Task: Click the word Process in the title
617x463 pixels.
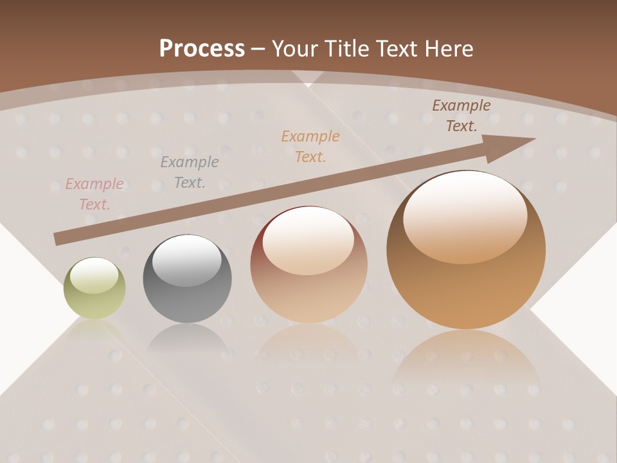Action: click(202, 48)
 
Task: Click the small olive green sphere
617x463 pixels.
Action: click(94, 288)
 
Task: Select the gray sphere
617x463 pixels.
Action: click(187, 279)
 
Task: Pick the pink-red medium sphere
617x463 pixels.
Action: click(309, 264)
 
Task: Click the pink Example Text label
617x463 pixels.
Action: click(94, 194)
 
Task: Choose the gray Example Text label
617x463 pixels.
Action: click(190, 172)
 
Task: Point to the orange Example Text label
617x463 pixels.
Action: click(310, 146)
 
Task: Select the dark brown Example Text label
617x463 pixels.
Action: click(461, 116)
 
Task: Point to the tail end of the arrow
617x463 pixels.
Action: click(59, 239)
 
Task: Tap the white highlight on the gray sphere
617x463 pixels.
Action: click(186, 260)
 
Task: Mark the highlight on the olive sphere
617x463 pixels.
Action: click(94, 275)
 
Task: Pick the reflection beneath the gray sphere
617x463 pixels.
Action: click(187, 338)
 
